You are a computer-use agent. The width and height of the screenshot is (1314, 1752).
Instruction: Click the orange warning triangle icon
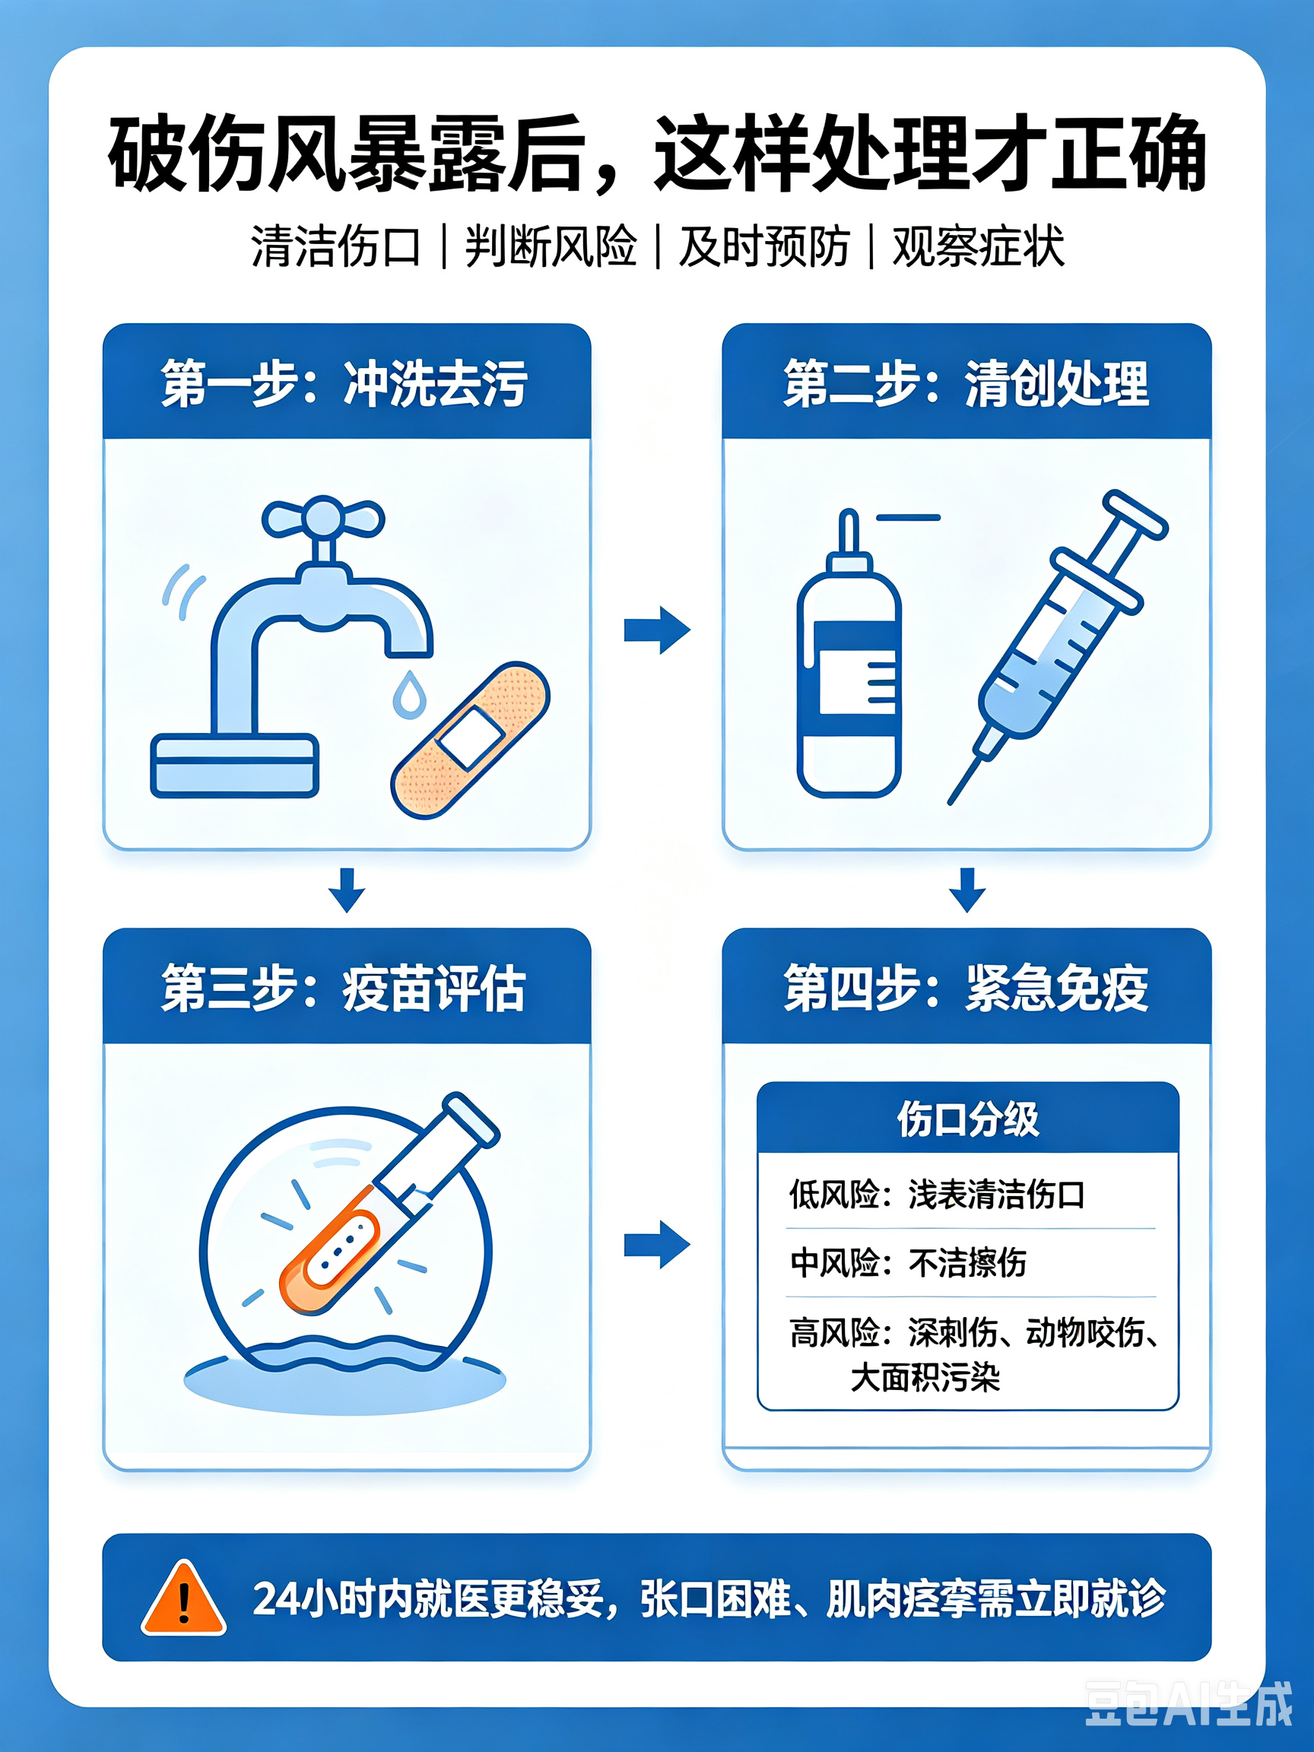184,1598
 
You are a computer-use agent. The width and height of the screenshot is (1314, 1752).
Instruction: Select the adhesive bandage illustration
471,740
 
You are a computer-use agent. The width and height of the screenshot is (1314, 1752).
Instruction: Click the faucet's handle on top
323,519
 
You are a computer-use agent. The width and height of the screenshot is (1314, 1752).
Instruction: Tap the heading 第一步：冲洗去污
344,383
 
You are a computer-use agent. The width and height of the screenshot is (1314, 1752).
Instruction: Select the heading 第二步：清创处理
966,383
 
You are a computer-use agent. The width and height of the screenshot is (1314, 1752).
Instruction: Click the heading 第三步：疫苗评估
344,988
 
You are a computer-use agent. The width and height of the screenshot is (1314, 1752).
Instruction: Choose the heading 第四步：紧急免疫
966,988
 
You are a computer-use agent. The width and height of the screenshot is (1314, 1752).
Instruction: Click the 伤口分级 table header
968,1119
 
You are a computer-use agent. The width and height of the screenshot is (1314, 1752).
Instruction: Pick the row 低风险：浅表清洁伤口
937,1194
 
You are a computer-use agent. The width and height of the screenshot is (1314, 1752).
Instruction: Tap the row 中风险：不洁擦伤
908,1262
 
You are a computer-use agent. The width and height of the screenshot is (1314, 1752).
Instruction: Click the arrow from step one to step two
658,630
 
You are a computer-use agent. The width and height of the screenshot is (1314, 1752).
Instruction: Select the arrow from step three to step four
658,1244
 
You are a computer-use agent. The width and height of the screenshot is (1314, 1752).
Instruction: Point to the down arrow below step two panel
967,890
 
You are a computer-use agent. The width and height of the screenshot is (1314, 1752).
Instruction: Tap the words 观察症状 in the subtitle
978,246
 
